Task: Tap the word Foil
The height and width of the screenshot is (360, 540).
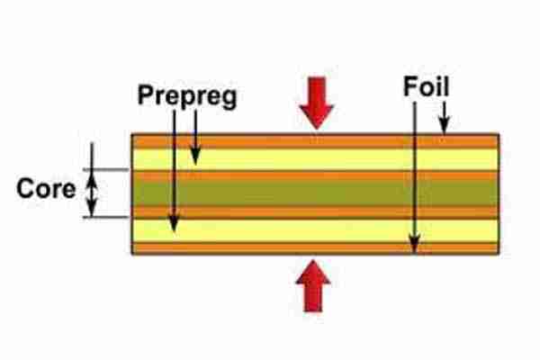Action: pos(427,87)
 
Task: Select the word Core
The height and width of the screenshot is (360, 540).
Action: pos(46,191)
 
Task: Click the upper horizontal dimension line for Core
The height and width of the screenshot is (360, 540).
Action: pos(108,169)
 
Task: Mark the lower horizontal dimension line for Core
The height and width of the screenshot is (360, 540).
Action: pos(108,216)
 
